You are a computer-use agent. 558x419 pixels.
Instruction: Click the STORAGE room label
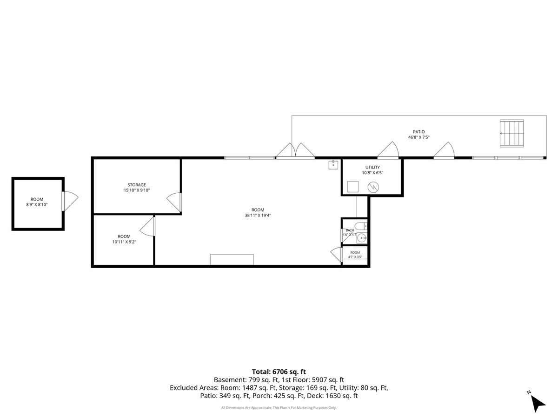click(137, 185)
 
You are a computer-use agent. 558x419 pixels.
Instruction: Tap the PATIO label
click(418, 132)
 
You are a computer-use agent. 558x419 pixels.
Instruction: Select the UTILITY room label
click(372, 167)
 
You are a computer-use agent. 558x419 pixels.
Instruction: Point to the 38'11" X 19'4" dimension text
click(258, 215)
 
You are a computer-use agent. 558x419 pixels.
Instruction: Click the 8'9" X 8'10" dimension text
click(37, 204)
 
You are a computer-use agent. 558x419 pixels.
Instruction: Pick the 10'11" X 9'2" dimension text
click(124, 242)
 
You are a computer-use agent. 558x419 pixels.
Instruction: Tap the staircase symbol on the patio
click(511, 133)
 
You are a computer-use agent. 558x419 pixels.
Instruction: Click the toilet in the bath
click(361, 226)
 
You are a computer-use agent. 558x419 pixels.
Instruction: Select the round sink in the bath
click(361, 238)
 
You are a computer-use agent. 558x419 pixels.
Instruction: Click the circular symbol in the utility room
click(373, 188)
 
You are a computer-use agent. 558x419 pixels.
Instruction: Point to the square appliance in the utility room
click(353, 187)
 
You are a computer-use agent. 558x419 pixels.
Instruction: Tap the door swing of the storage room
click(174, 202)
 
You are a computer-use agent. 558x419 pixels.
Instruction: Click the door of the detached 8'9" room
click(70, 201)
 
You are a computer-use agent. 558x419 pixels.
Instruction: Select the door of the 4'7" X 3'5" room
click(336, 254)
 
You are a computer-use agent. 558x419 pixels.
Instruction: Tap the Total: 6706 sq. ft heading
click(279, 372)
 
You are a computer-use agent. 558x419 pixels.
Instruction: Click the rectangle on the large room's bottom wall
click(232, 259)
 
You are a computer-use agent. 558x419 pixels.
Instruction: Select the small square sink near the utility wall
click(333, 165)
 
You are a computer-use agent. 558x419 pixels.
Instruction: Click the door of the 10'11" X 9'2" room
click(147, 226)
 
